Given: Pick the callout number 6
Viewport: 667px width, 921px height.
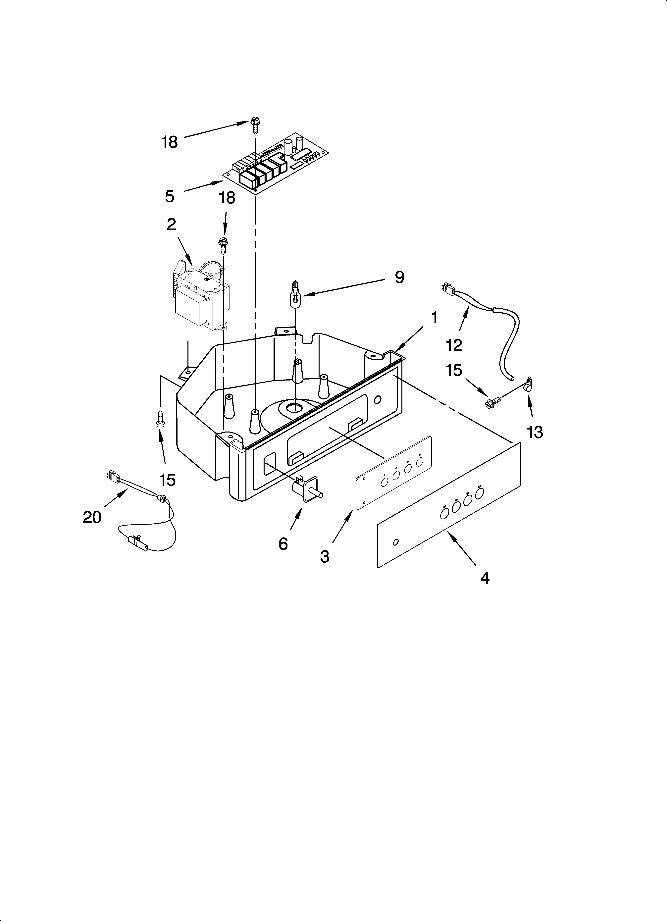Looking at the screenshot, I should tap(283, 544).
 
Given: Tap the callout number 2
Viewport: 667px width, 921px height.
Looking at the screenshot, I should tap(171, 224).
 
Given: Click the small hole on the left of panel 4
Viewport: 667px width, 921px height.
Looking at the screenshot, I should tap(396, 542).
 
